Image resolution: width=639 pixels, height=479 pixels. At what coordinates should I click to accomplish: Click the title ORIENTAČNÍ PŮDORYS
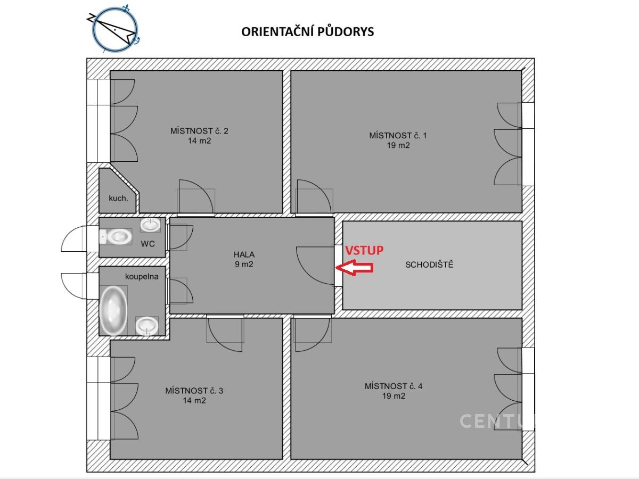(307, 31)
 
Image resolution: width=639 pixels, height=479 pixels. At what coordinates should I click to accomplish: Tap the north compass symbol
(114, 29)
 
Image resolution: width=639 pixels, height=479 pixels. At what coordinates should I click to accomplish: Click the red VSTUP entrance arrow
(354, 268)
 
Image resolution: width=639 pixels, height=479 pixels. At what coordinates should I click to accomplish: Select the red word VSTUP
(364, 250)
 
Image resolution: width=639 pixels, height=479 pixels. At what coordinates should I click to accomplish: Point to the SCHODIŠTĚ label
(429, 265)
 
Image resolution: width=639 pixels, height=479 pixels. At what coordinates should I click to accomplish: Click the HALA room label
(244, 254)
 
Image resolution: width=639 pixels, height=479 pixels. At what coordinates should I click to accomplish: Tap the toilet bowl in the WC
(115, 236)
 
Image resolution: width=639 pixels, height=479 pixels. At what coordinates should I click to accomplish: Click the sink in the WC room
(150, 225)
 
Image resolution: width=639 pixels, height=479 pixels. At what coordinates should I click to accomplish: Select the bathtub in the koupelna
(113, 310)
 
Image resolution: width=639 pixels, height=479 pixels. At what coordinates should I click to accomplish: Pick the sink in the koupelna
(147, 326)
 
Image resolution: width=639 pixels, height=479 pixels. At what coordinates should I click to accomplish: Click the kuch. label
(118, 199)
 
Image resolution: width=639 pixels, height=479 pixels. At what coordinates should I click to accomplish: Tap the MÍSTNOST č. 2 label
(199, 131)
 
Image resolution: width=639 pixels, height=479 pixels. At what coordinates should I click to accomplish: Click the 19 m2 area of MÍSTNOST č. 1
(398, 145)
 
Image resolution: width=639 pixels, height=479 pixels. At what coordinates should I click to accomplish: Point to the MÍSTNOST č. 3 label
(194, 391)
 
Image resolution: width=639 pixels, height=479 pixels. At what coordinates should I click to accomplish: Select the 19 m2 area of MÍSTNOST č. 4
(394, 396)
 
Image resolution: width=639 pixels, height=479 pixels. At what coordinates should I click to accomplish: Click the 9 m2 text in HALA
(244, 265)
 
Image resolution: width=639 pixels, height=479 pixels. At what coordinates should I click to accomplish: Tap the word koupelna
(142, 277)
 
